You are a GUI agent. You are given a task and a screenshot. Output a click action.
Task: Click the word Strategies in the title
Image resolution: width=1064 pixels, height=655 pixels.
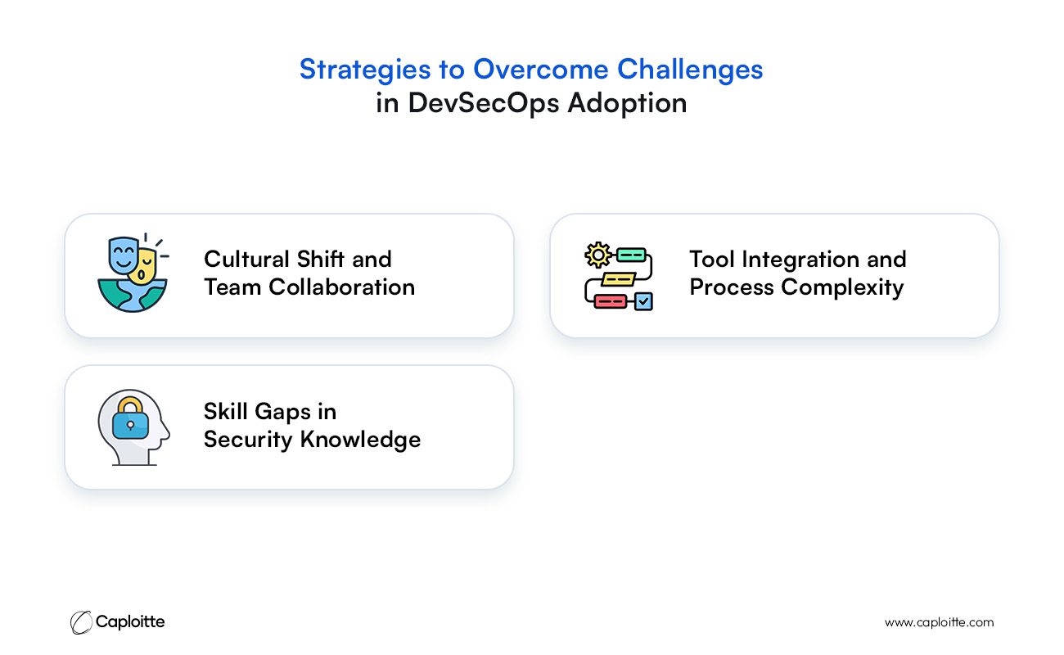tap(365, 70)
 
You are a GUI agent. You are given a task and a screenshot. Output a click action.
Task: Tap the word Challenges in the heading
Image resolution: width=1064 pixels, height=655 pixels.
tap(690, 70)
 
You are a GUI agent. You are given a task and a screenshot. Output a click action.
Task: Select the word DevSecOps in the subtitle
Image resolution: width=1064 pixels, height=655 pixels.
tap(484, 103)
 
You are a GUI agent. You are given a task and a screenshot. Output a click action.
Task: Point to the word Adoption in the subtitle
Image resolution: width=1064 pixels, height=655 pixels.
tap(627, 103)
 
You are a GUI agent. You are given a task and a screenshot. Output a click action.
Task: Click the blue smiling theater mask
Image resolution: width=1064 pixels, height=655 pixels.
tap(123, 255)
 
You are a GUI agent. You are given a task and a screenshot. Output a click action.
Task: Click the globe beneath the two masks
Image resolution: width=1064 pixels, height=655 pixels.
tap(133, 296)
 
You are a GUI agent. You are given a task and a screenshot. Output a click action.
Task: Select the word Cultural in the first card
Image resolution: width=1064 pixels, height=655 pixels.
tap(246, 259)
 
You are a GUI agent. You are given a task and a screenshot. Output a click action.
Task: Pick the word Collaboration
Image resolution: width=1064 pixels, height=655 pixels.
tap(341, 287)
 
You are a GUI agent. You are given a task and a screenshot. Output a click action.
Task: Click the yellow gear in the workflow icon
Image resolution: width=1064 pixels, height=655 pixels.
tap(598, 255)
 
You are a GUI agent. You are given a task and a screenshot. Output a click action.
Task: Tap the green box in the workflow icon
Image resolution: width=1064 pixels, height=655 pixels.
tap(631, 255)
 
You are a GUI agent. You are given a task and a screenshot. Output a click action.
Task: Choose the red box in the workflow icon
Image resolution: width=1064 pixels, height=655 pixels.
tap(611, 301)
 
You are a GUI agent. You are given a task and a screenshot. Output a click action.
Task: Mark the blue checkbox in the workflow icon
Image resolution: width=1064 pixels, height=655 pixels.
tap(643, 301)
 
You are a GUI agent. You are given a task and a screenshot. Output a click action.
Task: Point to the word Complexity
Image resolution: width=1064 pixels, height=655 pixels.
tap(842, 287)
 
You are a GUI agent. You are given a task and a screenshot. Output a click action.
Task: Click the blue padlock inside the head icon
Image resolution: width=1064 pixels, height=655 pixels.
tap(130, 418)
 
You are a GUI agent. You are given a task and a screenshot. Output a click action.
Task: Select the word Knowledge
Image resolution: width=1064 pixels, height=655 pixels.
tap(360, 440)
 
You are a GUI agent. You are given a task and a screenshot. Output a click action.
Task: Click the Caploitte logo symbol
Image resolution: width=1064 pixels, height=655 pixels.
tap(81, 622)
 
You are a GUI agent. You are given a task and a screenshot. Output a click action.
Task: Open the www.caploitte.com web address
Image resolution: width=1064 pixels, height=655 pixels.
tap(939, 623)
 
